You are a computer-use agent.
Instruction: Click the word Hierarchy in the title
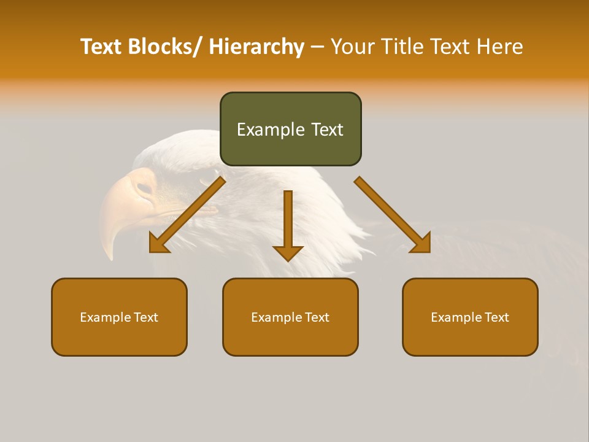[x=256, y=47]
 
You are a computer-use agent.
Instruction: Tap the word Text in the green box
[x=328, y=130]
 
